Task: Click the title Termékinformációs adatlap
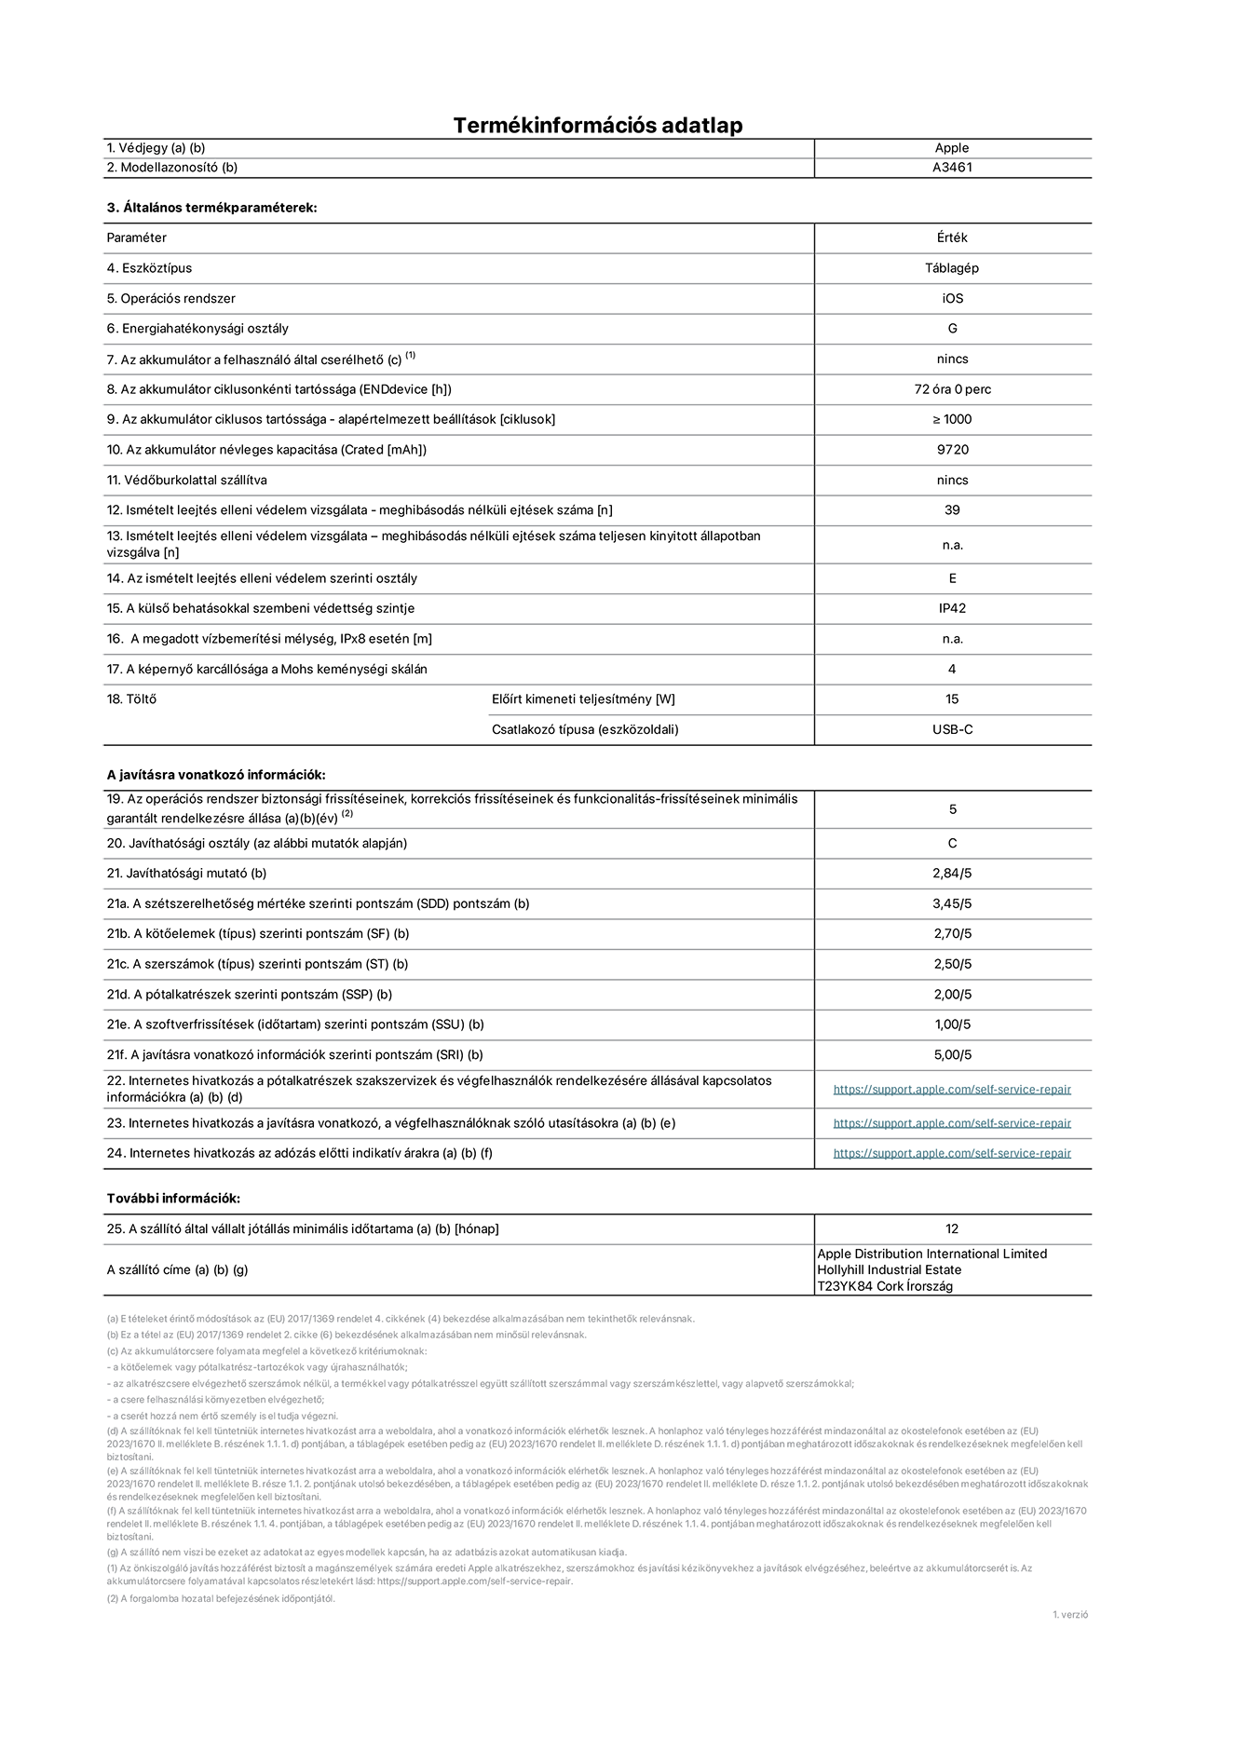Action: [597, 125]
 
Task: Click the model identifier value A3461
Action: [952, 168]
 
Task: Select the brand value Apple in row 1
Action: [952, 148]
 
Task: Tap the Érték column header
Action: [952, 237]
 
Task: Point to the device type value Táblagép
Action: [952, 268]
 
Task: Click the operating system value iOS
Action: [952, 299]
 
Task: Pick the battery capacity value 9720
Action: [952, 450]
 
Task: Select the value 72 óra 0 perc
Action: [952, 389]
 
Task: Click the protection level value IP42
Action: [952, 608]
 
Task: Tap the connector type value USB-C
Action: [952, 729]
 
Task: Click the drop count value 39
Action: [952, 510]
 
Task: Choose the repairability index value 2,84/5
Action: [952, 874]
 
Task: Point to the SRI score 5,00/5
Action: [952, 1055]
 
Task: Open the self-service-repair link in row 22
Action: [952, 1090]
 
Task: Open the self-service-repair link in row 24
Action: [952, 1153]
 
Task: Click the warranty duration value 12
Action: [952, 1229]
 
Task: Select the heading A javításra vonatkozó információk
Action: [216, 775]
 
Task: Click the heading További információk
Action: [173, 1199]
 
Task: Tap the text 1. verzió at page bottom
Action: [1069, 1615]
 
